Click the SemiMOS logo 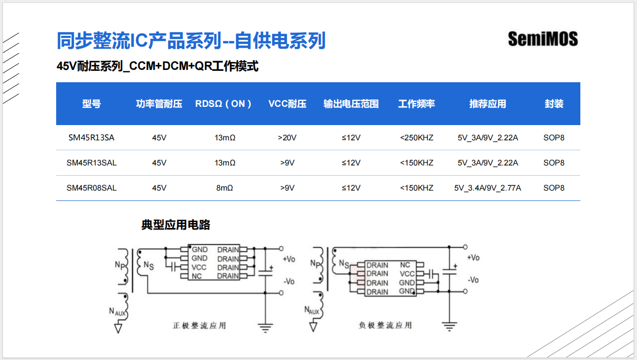tap(542, 39)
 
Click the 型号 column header tap(91, 104)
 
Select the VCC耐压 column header tap(287, 104)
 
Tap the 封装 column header tap(554, 104)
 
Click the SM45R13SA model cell tap(91, 138)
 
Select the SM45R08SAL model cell tap(92, 188)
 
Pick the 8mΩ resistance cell tap(225, 188)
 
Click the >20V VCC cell tap(287, 138)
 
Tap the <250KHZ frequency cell tap(416, 138)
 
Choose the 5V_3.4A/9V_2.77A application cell tap(488, 188)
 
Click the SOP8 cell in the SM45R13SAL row tap(554, 163)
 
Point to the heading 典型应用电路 tap(176, 225)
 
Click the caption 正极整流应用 tap(200, 326)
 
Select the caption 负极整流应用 tap(385, 325)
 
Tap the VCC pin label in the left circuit tap(199, 267)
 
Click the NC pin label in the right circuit tap(405, 265)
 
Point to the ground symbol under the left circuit tap(266, 327)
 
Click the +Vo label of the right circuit tap(473, 258)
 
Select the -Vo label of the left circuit tap(289, 281)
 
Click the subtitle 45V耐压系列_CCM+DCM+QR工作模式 tap(158, 66)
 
